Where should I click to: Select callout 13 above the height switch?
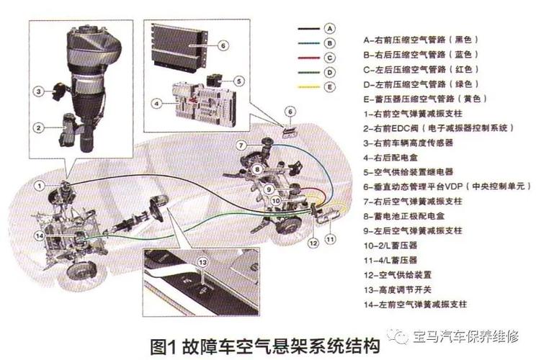tap(202, 262)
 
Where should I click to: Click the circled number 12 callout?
tap(313, 243)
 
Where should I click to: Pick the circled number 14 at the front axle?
tap(39, 235)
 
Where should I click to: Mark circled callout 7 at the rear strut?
tap(243, 145)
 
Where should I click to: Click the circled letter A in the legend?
tap(329, 29)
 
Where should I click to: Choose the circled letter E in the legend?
tap(329, 87)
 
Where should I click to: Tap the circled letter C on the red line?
tap(329, 58)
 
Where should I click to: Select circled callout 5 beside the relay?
tap(238, 81)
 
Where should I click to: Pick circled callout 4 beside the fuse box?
tap(155, 104)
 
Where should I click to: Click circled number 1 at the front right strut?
tap(39, 186)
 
